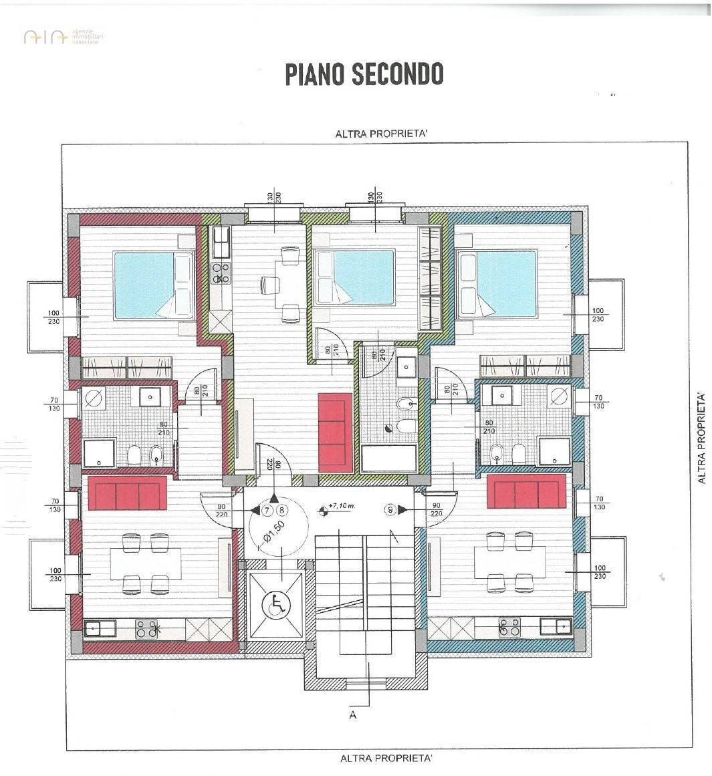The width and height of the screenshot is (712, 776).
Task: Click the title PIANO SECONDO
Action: click(x=364, y=74)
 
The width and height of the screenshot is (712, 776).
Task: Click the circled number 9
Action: click(x=390, y=510)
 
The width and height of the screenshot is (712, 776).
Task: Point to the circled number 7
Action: click(x=267, y=511)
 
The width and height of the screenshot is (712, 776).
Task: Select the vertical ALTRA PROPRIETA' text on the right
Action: click(x=701, y=438)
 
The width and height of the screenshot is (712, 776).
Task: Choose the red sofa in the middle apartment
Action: click(x=335, y=431)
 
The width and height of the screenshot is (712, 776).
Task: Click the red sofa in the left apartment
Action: click(x=127, y=493)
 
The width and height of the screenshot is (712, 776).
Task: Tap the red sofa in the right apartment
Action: click(x=526, y=492)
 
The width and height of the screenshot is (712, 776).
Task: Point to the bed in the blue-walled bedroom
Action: click(x=501, y=283)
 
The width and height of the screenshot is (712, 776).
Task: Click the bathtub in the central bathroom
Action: click(x=388, y=461)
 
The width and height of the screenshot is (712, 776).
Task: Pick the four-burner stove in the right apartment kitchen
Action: click(x=509, y=626)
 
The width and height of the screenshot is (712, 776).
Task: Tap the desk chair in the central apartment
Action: click(x=269, y=285)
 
